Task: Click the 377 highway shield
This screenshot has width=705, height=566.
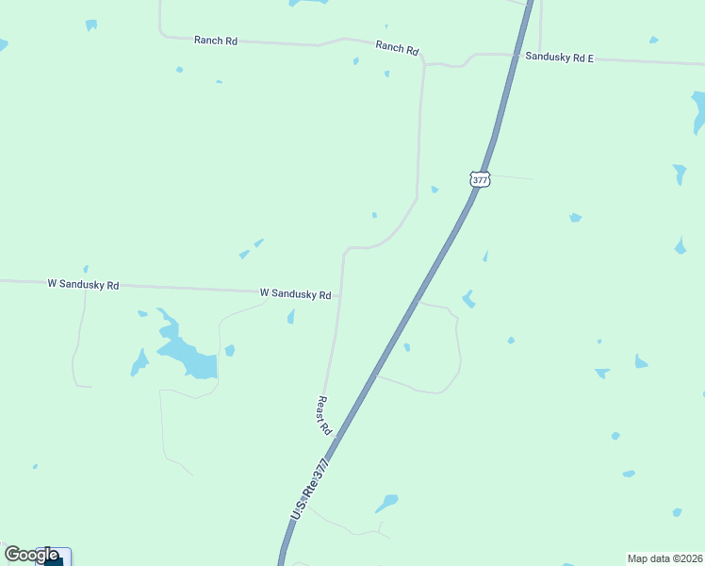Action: (x=480, y=179)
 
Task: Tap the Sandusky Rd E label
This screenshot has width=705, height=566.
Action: (x=559, y=58)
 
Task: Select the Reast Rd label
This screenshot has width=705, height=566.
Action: (x=323, y=415)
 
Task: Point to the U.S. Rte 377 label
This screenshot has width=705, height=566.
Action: (x=311, y=489)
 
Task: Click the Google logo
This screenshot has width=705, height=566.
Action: (x=31, y=555)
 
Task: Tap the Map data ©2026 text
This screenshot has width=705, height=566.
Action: (x=665, y=558)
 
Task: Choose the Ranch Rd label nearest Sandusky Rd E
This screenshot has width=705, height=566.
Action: (x=397, y=47)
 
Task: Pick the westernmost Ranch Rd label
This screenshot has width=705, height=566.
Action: (x=215, y=41)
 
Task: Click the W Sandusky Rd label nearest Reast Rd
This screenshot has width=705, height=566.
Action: (x=295, y=293)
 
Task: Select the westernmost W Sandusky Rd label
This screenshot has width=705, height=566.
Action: (x=83, y=284)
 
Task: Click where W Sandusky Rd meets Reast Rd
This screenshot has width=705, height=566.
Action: (x=340, y=295)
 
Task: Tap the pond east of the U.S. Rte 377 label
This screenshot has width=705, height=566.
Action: (x=386, y=502)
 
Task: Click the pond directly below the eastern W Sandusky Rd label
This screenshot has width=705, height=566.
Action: (x=291, y=317)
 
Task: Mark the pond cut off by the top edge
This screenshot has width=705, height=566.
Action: (x=308, y=3)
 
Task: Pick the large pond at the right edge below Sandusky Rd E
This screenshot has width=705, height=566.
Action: (x=698, y=111)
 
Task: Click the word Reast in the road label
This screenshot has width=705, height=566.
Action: (x=321, y=408)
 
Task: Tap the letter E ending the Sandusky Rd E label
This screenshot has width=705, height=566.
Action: (x=590, y=58)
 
